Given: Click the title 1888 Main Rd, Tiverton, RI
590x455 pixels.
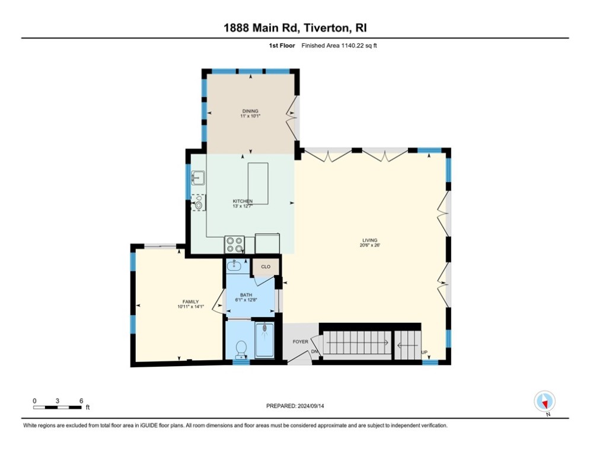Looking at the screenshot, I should [295, 28].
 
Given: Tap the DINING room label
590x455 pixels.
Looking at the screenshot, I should [250, 111].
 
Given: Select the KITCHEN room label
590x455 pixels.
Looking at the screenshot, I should [243, 201].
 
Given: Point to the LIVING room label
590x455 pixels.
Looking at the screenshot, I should [369, 241].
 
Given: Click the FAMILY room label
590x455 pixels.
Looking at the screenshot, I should [190, 301].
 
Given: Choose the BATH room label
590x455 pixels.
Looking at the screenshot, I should [247, 295].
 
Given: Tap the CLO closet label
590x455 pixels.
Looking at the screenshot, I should [266, 267].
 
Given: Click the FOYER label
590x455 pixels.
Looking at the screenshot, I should [300, 342].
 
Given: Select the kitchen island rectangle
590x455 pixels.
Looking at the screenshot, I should [258, 183].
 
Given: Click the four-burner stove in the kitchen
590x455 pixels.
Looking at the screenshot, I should [234, 244].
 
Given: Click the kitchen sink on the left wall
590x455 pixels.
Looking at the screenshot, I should [197, 177].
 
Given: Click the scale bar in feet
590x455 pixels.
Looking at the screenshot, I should [58, 406].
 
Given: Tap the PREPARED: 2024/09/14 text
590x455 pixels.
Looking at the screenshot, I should [295, 406].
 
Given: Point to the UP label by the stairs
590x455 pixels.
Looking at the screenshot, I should [424, 353].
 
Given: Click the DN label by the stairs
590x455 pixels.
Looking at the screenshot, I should [315, 352].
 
